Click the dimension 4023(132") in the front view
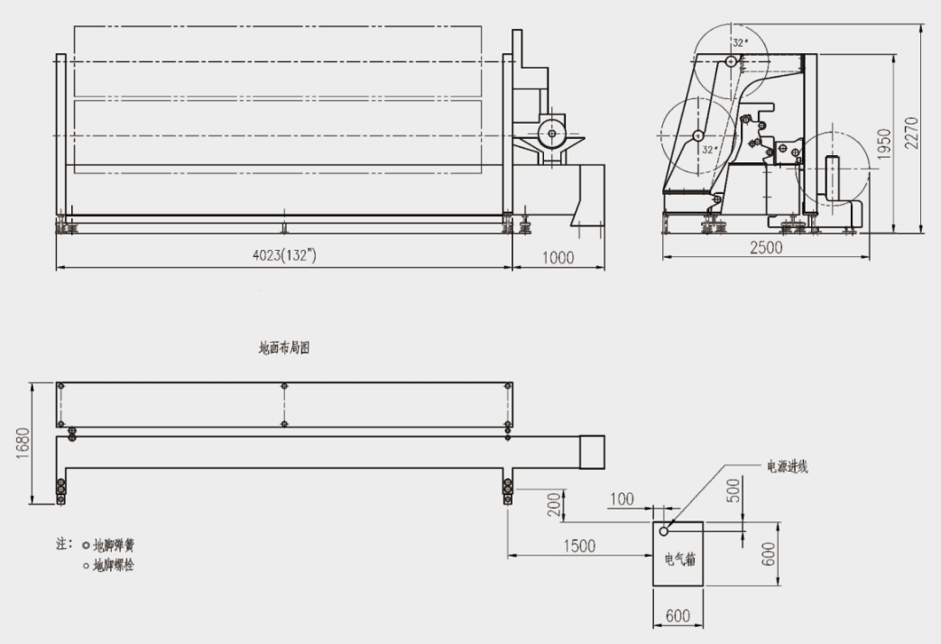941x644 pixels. click(284, 256)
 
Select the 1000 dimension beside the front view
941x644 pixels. click(558, 257)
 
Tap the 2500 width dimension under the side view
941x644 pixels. click(766, 249)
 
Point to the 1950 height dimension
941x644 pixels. click(885, 143)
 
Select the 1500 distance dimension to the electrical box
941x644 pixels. click(578, 546)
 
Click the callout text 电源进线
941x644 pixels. click(787, 466)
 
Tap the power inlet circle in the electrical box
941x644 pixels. click(664, 531)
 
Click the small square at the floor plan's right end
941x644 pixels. click(591, 451)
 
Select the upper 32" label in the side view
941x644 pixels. click(740, 42)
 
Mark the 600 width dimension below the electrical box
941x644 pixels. click(678, 616)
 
